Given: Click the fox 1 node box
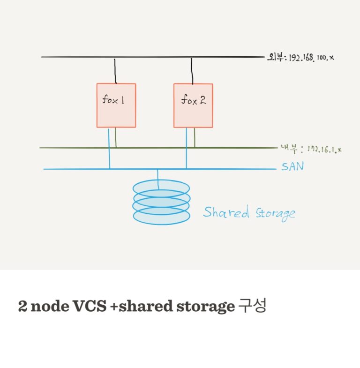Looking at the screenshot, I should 116,105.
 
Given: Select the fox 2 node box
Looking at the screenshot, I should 193,105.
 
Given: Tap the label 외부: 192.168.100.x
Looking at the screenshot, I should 300,58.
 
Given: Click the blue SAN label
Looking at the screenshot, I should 292,166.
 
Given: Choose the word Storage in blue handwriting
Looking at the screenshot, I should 275,213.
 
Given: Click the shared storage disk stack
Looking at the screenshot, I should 161,202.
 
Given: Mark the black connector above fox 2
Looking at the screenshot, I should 191,70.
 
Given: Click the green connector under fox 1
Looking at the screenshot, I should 116,137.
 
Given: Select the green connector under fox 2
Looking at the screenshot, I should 195,137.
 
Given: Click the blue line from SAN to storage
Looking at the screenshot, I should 158,177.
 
